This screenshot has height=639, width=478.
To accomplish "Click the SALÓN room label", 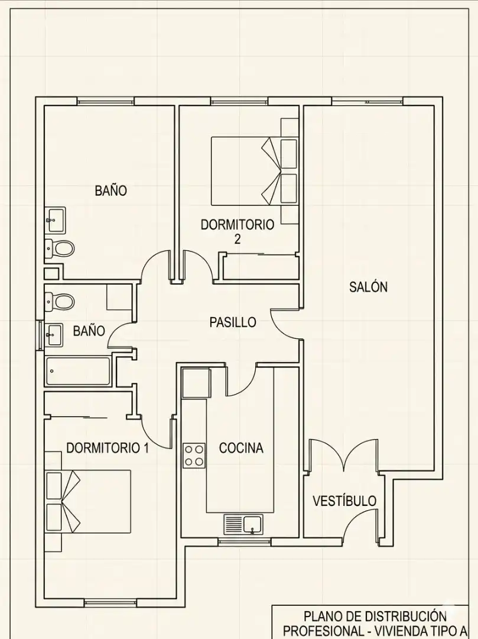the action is click(x=368, y=287).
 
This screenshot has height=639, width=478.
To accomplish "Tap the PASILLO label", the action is click(x=233, y=322).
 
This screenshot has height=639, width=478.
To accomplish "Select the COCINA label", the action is click(x=241, y=448).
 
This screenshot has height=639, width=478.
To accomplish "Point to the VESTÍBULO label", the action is click(x=344, y=501).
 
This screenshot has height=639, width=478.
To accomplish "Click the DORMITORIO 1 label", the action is click(x=108, y=448).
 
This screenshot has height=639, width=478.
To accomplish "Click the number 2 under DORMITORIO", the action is click(x=237, y=239).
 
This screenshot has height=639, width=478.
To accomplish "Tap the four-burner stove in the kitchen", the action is click(x=194, y=456).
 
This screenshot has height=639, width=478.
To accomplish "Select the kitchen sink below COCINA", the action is click(x=243, y=524).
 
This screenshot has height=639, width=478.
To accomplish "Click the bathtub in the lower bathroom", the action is click(x=78, y=371).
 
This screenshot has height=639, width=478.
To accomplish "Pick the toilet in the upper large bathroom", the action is click(x=60, y=248).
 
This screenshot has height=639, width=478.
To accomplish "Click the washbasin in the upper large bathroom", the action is click(x=54, y=220).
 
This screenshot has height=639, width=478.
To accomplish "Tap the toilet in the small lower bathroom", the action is click(x=60, y=302).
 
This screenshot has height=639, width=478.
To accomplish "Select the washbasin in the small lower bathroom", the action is click(x=53, y=335).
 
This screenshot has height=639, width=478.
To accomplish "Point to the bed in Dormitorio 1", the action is click(x=88, y=502).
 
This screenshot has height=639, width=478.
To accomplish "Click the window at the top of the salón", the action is click(x=368, y=101).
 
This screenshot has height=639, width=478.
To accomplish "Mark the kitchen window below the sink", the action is click(x=244, y=541).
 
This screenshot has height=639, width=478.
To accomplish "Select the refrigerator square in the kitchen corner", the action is click(x=196, y=383).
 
